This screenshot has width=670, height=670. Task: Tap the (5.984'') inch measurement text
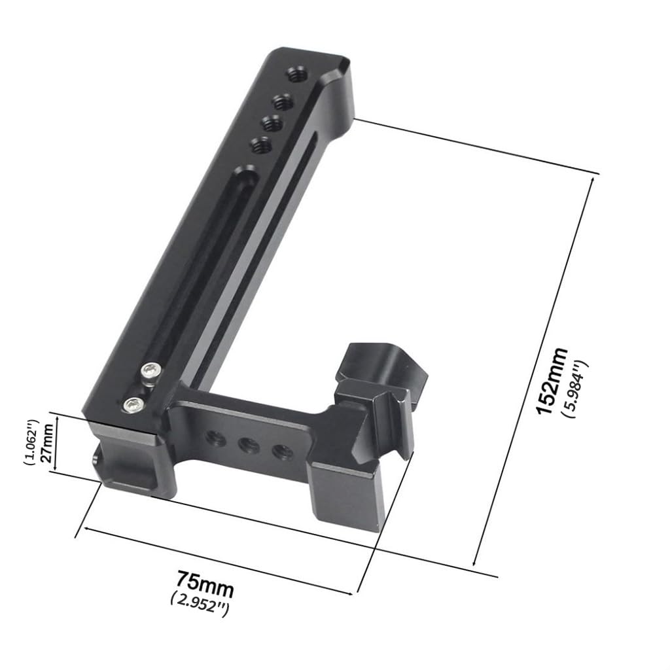click(576, 389)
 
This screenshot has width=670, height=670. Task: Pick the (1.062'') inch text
click(29, 442)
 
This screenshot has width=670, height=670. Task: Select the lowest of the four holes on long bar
click(260, 145)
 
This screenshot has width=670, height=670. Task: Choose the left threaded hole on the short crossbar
click(213, 436)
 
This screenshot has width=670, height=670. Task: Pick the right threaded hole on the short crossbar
click(282, 451)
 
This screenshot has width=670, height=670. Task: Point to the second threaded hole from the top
click(283, 101)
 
